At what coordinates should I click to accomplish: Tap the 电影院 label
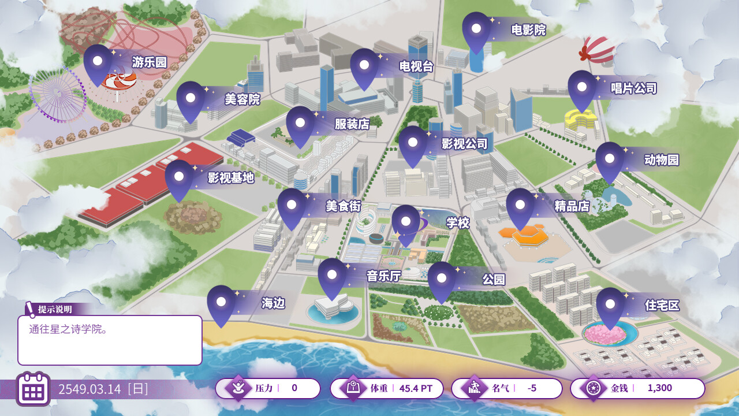pyautogui.click(x=528, y=30)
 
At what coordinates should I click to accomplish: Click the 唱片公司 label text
pyautogui.click(x=633, y=88)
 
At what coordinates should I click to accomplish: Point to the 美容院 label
pyautogui.click(x=242, y=99)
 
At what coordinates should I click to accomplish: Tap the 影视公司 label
pyautogui.click(x=464, y=144)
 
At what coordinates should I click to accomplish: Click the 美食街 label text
pyautogui.click(x=343, y=206)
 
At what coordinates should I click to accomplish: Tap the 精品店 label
pyautogui.click(x=572, y=206)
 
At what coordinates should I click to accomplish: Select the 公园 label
pyautogui.click(x=494, y=280)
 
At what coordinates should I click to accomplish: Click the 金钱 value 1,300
pyautogui.click(x=659, y=388)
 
